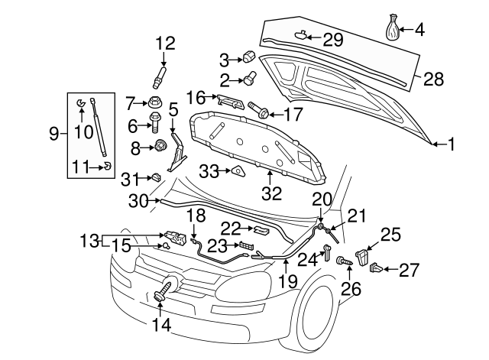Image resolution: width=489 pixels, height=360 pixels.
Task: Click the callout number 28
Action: pos(433,79)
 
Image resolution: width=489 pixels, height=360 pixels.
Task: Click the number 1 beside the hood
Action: pos(451,143)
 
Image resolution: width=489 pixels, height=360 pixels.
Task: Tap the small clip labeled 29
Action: pos(303,34)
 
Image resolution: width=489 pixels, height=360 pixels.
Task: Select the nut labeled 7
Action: pos(156,102)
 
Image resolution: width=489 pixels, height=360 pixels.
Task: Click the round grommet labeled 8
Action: pos(160,145)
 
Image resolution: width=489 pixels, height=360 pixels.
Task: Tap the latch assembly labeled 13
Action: pos(173,236)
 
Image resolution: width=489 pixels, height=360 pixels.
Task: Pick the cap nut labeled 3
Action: pos(249,58)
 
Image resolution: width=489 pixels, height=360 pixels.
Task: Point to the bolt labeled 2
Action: pos(249,77)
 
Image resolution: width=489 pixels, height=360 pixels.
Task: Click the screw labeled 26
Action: pos(344,261)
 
